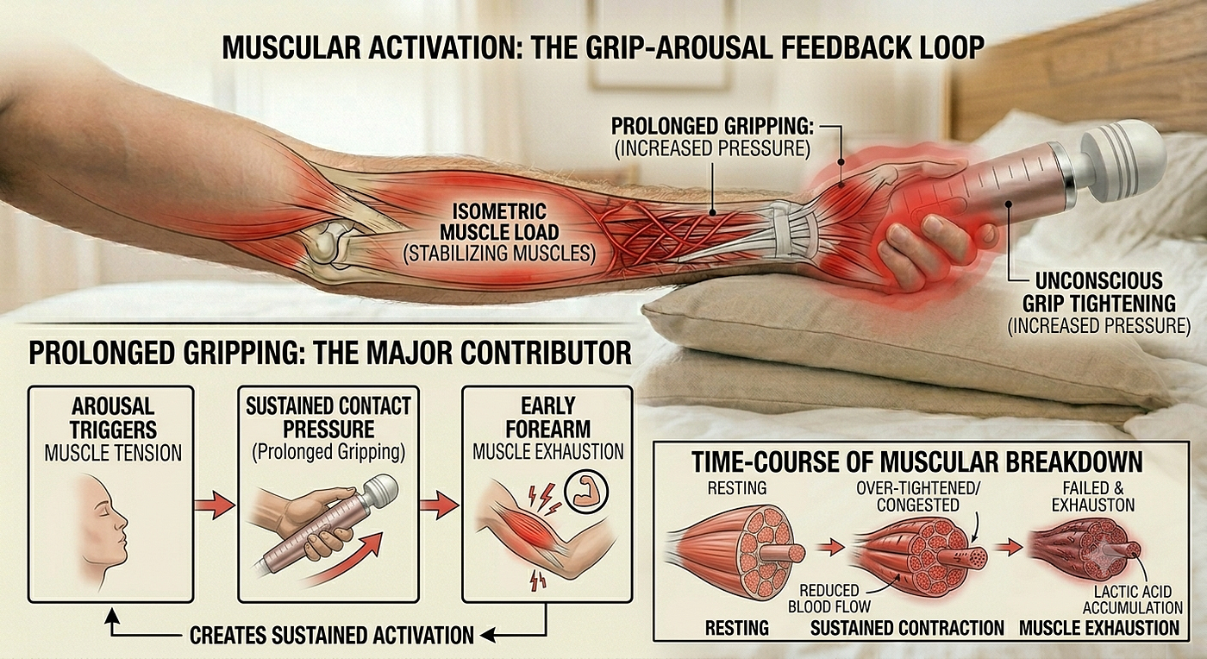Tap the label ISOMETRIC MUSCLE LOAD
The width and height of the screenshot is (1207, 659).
(499, 222)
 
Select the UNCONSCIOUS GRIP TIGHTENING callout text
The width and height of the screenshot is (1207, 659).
(1098, 292)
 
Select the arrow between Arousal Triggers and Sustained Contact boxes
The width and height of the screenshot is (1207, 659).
(215, 505)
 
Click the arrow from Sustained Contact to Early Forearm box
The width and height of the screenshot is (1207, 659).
(439, 505)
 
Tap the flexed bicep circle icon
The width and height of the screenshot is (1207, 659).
(585, 493)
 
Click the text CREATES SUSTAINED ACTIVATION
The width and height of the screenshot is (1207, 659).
(332, 635)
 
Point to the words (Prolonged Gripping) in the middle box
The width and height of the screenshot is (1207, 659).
(328, 452)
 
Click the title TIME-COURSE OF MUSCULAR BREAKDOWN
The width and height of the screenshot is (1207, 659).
(916, 462)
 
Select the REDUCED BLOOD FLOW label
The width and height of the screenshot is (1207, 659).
(829, 598)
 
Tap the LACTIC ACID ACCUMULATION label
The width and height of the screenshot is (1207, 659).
(1133, 599)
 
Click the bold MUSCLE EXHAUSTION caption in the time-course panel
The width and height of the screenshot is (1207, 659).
(1099, 628)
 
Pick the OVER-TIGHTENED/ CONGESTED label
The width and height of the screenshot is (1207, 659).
(918, 496)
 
